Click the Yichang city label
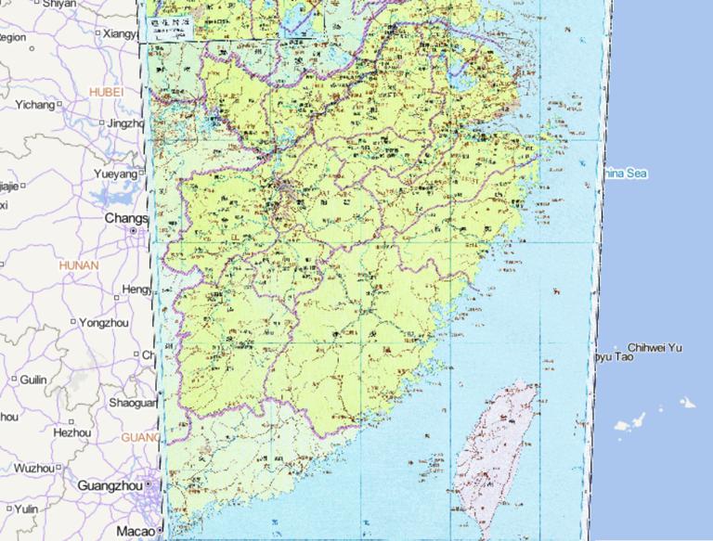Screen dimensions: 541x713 (34, 105)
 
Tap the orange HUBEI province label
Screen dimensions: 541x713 (106, 92)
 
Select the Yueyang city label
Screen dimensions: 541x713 (116, 174)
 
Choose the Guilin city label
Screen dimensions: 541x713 (33, 380)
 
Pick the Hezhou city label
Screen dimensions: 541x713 (72, 432)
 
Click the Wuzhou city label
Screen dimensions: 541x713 (34, 468)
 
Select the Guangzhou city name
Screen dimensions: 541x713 (110, 485)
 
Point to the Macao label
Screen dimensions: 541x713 (135, 531)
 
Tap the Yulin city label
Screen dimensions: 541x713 (26, 509)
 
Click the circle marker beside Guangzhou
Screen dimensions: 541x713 (148, 485)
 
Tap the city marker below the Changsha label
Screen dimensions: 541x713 (133, 230)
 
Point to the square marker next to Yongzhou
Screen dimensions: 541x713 (72, 322)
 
